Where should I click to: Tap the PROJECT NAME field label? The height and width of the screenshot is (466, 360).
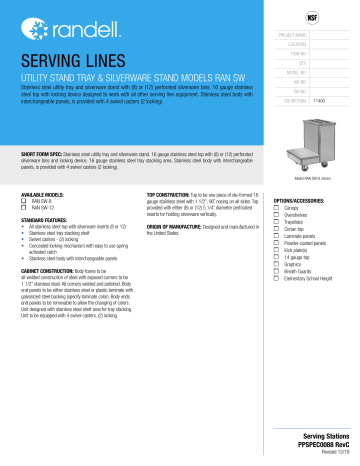tap(294, 35)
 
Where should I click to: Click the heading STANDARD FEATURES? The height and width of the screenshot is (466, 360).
tap(51, 218)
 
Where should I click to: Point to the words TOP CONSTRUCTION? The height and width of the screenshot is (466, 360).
tap(168, 193)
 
